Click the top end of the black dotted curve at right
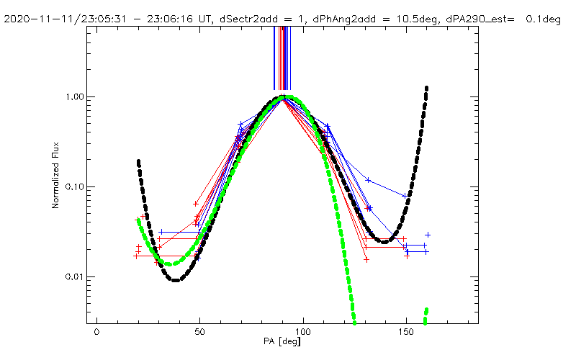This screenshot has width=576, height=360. (x=427, y=88)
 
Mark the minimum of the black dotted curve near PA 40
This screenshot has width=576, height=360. (x=176, y=280)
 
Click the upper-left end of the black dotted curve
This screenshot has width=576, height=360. (x=138, y=161)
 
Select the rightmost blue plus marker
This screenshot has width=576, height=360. (x=428, y=235)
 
